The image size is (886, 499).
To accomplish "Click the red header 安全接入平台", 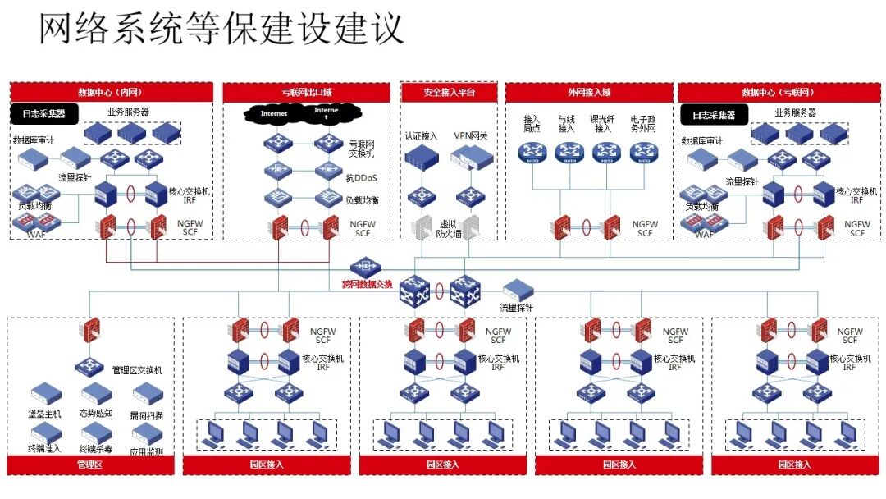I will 449,92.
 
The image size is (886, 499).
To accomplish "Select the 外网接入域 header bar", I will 588,92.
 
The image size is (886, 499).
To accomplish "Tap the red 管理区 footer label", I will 89,465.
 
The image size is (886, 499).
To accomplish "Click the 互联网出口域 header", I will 306,92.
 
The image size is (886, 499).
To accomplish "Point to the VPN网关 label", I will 471,135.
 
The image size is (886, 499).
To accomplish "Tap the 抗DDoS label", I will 362,176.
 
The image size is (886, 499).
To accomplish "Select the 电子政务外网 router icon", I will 645,151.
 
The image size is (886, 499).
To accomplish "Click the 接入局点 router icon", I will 532,151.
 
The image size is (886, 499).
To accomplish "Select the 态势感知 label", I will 94,414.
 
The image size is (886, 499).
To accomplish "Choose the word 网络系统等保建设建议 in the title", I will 221,29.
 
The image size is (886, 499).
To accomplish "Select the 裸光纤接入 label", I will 604,124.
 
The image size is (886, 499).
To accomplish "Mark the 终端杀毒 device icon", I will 94,433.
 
